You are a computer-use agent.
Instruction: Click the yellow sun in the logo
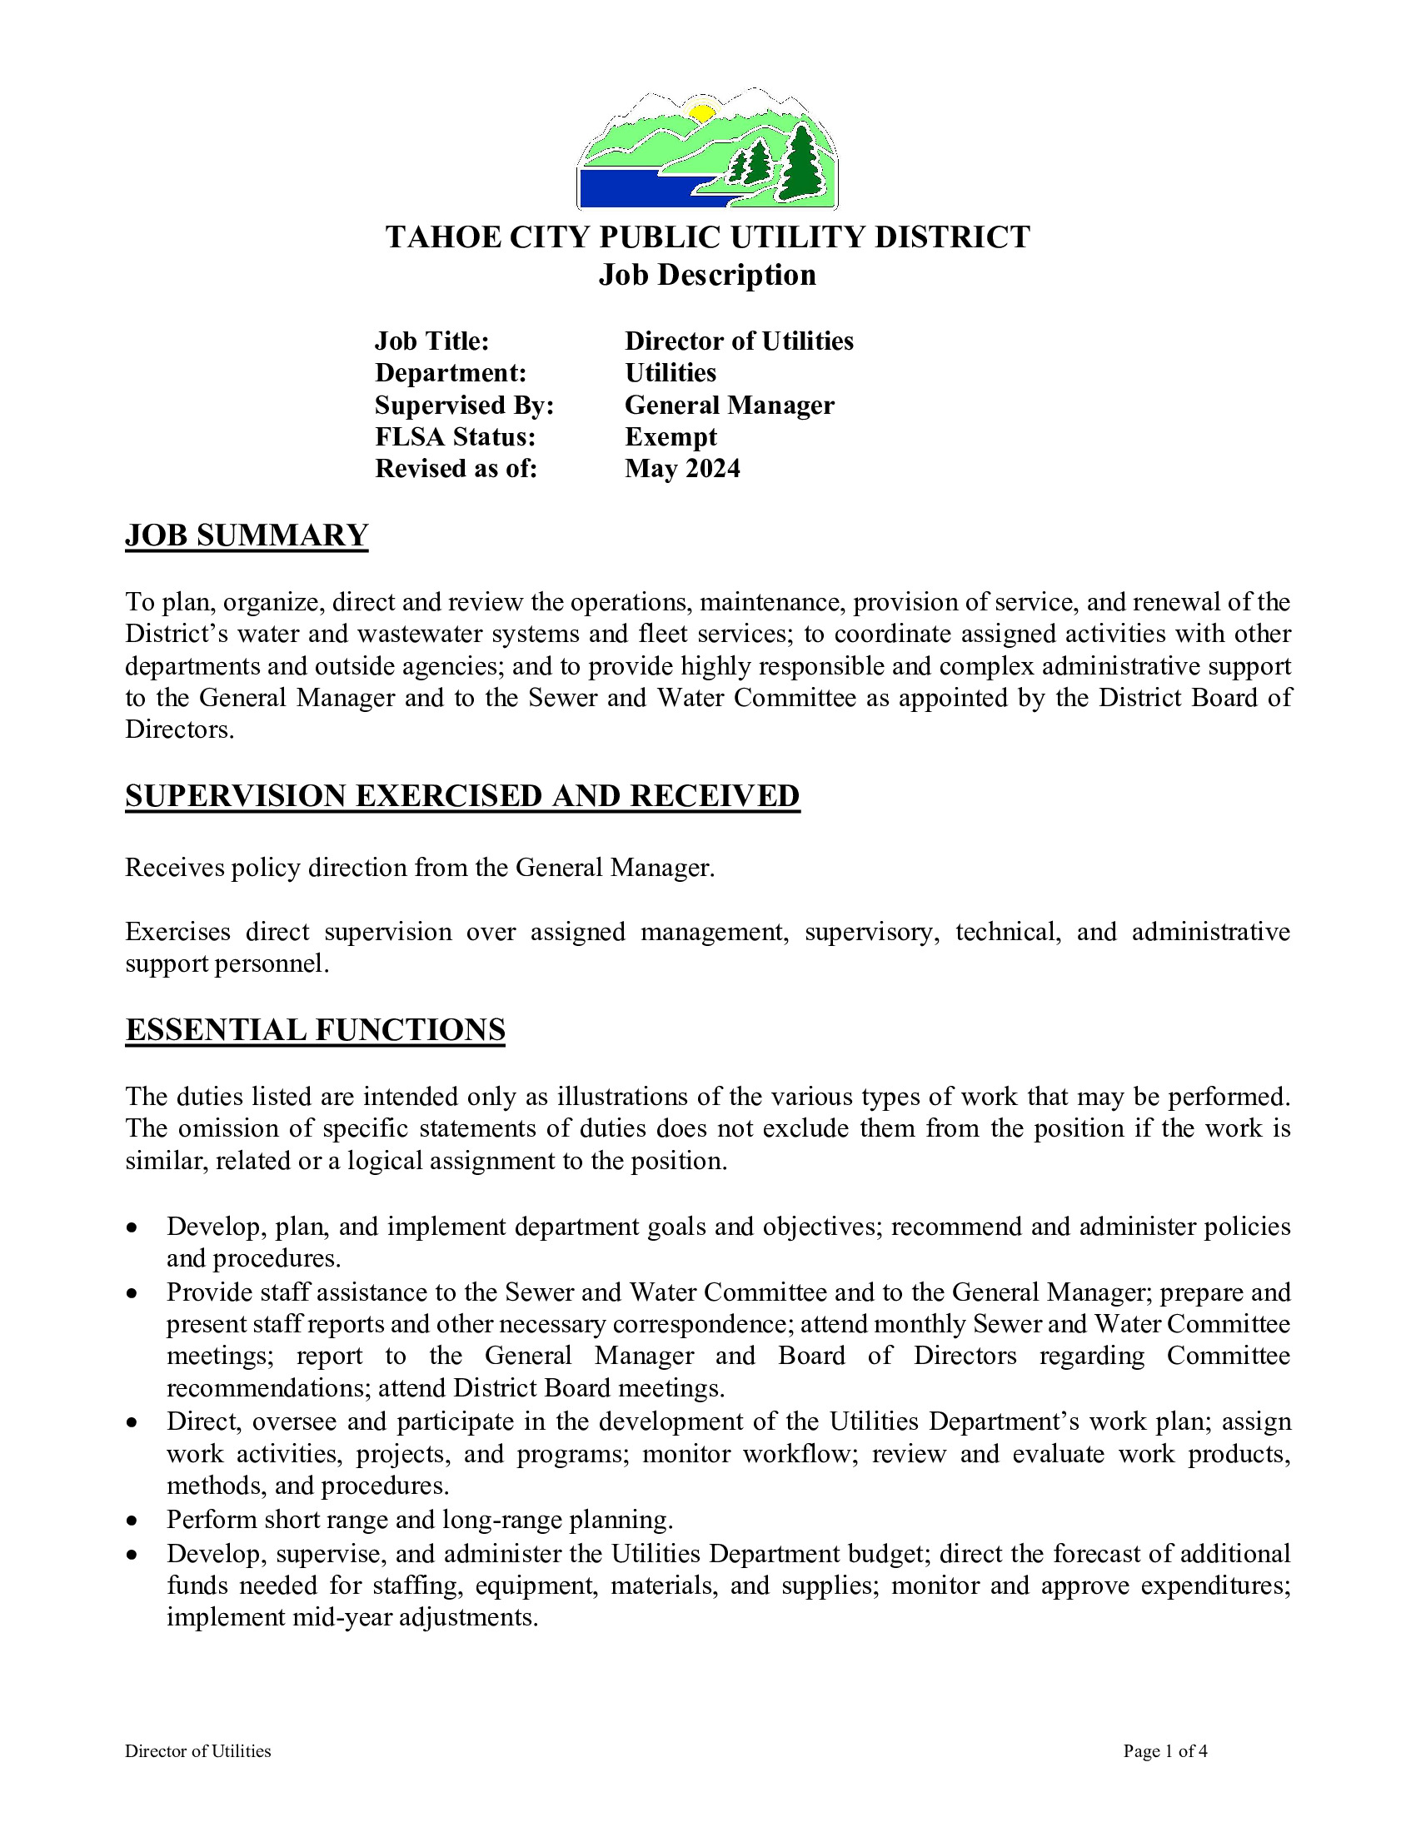point(701,112)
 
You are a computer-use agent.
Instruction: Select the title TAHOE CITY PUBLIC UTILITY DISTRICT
point(707,237)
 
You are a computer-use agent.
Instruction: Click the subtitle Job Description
point(707,275)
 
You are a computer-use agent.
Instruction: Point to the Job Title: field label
point(432,341)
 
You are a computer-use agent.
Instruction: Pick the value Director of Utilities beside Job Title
point(739,341)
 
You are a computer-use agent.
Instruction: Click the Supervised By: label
point(465,406)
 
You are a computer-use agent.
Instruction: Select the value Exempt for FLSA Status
point(671,437)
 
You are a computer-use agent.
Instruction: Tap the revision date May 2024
point(683,469)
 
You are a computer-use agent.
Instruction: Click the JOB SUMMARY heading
point(247,535)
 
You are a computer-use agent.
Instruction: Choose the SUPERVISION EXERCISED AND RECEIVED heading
point(462,795)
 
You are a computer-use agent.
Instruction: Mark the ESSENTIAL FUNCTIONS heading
point(316,1029)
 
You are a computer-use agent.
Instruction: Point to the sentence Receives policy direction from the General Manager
point(421,868)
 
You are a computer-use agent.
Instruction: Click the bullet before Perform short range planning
point(132,1520)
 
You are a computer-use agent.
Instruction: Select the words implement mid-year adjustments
point(352,1617)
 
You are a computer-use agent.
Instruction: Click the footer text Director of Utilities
point(198,1750)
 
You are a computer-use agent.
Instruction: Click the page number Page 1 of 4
point(1165,1750)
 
